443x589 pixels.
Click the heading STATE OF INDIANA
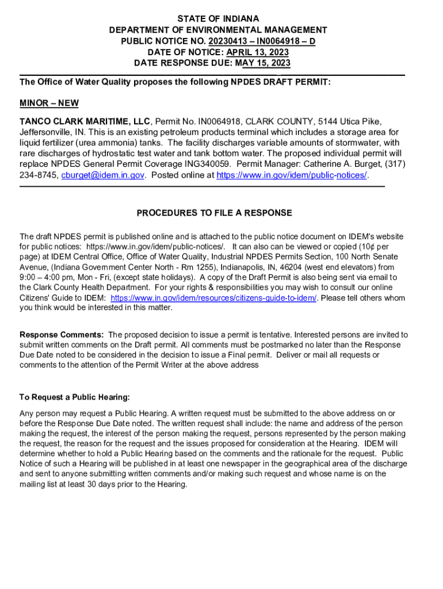tap(218, 19)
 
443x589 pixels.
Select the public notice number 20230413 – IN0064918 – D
tap(262, 41)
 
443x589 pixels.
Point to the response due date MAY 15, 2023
tap(261, 63)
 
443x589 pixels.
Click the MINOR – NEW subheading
tap(49, 104)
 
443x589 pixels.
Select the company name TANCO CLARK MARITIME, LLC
tap(85, 121)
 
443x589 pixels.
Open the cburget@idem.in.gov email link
tap(103, 175)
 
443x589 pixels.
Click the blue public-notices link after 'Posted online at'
tap(291, 175)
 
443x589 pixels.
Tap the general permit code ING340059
tap(199, 165)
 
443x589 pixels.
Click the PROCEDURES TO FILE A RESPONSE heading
tap(214, 213)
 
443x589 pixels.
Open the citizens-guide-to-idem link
tap(213, 298)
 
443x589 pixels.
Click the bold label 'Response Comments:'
tap(62, 334)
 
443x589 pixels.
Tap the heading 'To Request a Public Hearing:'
tap(75, 397)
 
